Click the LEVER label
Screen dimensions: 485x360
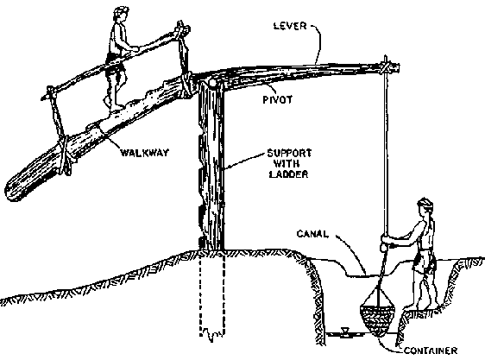point(290,26)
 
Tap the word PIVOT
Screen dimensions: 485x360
point(278,99)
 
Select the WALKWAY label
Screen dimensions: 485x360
point(144,153)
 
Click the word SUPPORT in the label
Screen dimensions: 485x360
point(289,153)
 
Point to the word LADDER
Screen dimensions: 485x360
point(288,174)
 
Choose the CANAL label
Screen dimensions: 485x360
point(312,234)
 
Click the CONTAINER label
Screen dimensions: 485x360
point(431,351)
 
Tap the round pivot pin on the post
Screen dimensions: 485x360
point(212,84)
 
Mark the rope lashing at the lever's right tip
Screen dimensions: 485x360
point(386,67)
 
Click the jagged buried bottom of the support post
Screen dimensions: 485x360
point(212,335)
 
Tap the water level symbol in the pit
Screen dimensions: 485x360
point(344,332)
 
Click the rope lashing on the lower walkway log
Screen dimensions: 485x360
point(65,155)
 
